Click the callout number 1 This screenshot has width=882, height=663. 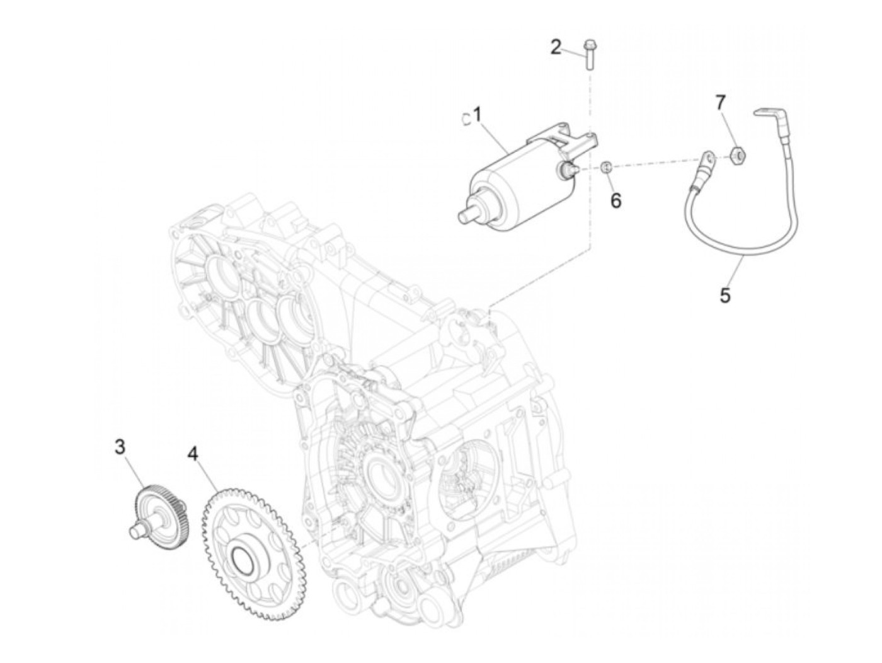click(x=477, y=115)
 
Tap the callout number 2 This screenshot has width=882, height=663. click(x=556, y=47)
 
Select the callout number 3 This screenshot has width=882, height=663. click(x=120, y=447)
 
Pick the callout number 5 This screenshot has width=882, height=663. click(x=725, y=295)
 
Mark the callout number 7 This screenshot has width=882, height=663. click(x=721, y=101)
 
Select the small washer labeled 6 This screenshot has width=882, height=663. click(x=607, y=166)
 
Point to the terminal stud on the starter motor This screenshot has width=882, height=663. click(x=568, y=168)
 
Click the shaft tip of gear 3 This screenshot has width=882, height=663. click(x=134, y=533)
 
